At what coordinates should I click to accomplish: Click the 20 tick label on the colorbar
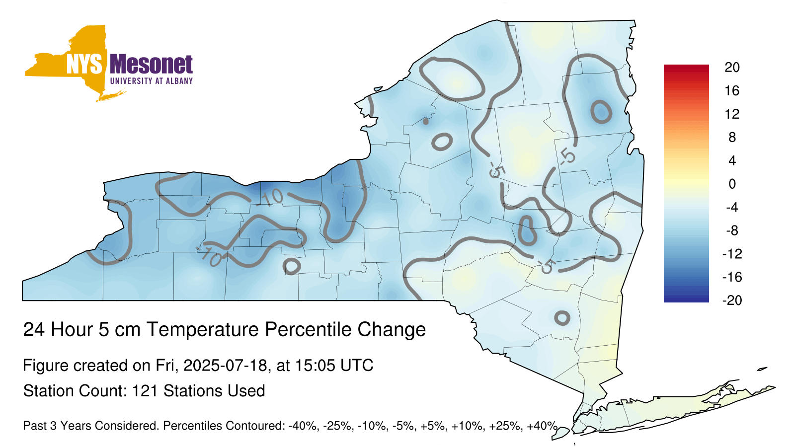732,68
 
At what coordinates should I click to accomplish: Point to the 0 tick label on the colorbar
732,184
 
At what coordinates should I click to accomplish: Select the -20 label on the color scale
732,300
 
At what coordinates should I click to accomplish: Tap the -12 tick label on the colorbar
732,254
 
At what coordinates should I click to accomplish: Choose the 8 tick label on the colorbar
732,137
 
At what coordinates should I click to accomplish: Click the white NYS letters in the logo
84,65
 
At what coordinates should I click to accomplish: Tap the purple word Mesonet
152,65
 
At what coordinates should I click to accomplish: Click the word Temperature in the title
203,330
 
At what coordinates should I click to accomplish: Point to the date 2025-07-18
225,365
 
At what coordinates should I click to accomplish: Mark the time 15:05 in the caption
315,365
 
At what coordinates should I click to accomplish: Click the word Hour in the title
72,329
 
